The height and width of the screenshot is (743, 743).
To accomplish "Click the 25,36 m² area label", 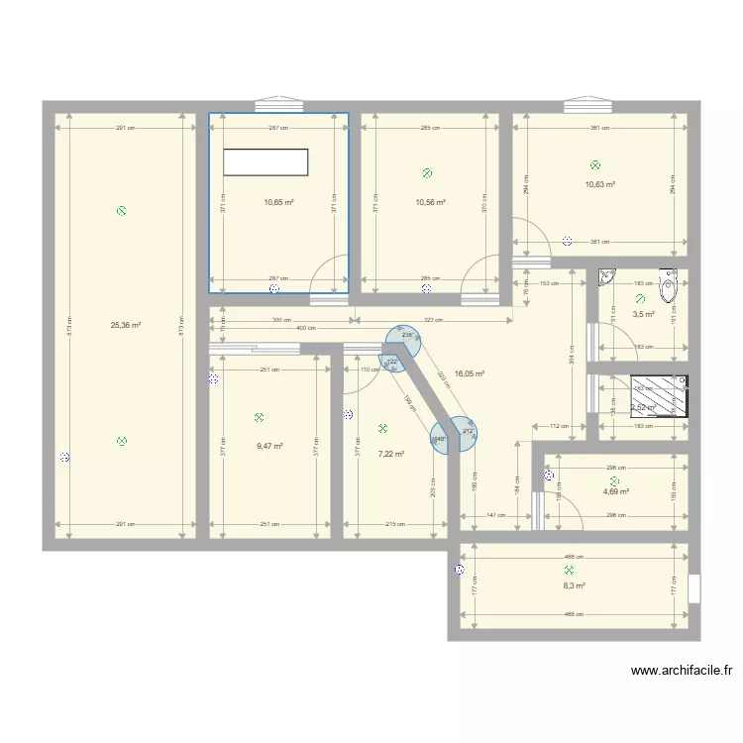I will (126, 324).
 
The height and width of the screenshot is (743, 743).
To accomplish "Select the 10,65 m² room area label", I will (278, 202).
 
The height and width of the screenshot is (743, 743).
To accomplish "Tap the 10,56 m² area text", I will (430, 202).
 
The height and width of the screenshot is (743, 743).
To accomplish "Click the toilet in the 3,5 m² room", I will (669, 288).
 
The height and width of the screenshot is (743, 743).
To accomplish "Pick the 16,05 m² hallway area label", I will (469, 374).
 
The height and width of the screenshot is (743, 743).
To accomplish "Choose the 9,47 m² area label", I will (269, 446).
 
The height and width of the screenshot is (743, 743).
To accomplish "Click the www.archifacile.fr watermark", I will (682, 672).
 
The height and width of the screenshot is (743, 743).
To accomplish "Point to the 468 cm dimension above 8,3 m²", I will (574, 557).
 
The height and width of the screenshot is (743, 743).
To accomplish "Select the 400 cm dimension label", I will (304, 329).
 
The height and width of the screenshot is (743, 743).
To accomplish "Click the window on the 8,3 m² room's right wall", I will (693, 588).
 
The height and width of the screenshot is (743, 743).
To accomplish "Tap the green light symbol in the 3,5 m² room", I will (640, 298).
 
